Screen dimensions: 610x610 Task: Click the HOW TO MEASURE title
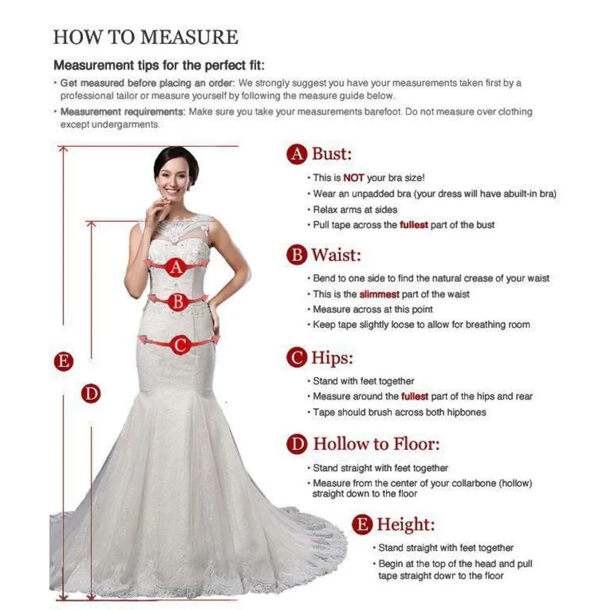click(146, 37)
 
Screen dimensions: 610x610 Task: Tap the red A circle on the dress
click(176, 267)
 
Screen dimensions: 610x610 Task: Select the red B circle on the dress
click(178, 301)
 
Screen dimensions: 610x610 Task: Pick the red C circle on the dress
click(180, 345)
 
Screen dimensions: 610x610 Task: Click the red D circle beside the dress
click(91, 393)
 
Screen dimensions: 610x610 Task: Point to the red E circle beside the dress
click(63, 361)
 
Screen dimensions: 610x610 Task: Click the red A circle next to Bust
click(297, 154)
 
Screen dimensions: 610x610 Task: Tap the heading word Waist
click(336, 255)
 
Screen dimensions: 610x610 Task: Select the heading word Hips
click(332, 357)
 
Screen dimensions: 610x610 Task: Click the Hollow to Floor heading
click(376, 444)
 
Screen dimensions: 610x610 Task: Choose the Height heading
click(406, 525)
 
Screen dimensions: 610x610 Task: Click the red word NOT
click(354, 178)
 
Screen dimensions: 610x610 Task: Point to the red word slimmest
click(379, 294)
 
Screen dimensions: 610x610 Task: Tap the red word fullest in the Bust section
click(414, 225)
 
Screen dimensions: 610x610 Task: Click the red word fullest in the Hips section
click(415, 396)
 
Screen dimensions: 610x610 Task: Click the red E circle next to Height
click(362, 525)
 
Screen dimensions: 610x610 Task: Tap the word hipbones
click(467, 412)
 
